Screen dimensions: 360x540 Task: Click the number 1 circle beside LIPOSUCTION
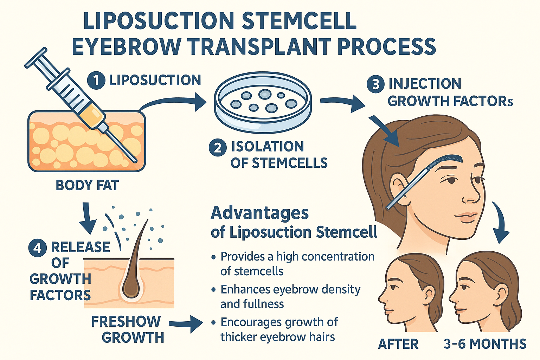(96, 80)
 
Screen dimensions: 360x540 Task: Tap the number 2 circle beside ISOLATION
(218, 147)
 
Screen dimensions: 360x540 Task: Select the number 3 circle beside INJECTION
(375, 84)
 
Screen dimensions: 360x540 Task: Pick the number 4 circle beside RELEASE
(37, 248)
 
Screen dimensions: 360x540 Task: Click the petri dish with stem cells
(263, 102)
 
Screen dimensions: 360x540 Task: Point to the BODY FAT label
(87, 185)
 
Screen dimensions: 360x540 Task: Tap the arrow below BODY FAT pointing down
(87, 218)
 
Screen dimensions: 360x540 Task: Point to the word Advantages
(259, 213)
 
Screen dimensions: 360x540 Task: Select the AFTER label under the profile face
(398, 344)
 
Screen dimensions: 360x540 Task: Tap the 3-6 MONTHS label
(485, 344)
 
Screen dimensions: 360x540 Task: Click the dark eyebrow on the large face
(454, 159)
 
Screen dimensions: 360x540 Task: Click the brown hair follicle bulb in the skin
(131, 287)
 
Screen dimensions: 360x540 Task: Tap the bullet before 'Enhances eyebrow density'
(213, 290)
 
